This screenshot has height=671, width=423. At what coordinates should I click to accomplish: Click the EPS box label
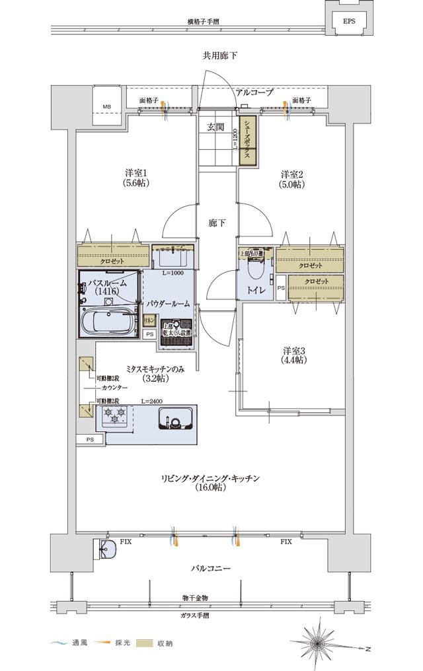[348, 21]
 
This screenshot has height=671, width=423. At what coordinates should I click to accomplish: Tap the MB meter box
[106, 107]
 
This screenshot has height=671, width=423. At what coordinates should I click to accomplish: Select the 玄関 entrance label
[215, 127]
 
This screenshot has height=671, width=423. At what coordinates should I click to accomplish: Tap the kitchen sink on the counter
[175, 419]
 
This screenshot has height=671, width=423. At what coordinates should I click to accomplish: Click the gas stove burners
[113, 417]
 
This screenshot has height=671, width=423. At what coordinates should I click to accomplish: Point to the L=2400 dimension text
[153, 401]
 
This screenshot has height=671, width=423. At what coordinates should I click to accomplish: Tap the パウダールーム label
[168, 303]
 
